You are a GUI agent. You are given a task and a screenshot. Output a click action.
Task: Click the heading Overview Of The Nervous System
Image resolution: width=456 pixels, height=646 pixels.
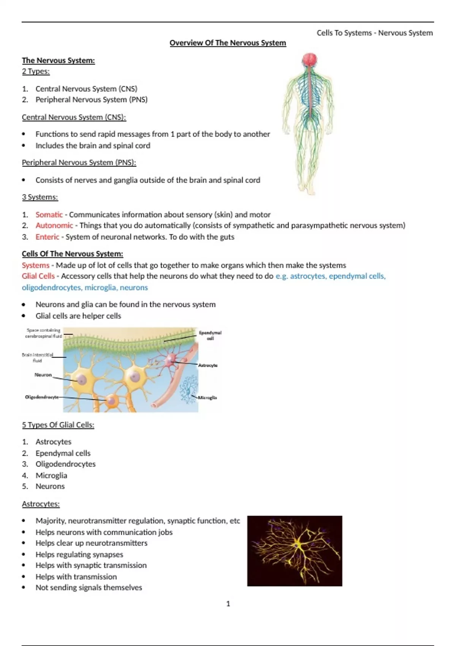pos(228,43)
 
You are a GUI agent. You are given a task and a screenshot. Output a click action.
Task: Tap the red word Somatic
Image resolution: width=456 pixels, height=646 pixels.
pos(49,214)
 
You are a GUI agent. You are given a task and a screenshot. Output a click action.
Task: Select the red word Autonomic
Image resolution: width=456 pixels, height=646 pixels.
pos(54,225)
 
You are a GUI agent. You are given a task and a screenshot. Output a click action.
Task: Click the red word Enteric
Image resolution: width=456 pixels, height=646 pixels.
pos(47,237)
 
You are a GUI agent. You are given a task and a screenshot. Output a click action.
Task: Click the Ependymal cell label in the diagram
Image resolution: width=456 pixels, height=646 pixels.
pos(210,335)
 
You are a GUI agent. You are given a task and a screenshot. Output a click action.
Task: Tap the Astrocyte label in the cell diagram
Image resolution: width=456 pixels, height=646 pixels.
pos(208,365)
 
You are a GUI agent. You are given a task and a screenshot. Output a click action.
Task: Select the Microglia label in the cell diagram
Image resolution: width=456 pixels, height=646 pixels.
pos(207,397)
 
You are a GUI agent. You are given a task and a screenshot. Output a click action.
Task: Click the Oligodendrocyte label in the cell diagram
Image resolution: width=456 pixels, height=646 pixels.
pos(42,397)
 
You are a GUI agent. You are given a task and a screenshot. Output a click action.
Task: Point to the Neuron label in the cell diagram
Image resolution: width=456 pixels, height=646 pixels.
pos(43,375)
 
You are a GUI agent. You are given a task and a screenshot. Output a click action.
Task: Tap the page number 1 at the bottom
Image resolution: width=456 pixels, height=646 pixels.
pos(228,603)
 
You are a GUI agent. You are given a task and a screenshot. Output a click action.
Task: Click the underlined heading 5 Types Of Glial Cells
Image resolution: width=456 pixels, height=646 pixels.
pos(58,425)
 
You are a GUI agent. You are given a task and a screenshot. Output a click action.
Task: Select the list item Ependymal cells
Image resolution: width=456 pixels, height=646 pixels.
pos(63,453)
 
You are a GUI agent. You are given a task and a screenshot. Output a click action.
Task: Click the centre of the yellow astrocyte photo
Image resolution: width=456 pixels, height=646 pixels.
pos(295,551)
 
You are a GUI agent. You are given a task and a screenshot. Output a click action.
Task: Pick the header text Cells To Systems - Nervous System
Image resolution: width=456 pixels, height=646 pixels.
pos(375,33)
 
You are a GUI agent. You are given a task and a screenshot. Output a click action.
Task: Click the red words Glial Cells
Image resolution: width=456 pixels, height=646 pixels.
pos(38,276)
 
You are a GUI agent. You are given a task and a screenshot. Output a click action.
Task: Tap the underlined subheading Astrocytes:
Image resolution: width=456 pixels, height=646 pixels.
pos(41,504)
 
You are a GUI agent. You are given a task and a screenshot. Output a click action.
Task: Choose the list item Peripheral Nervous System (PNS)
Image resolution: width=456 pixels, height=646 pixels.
pos(92,100)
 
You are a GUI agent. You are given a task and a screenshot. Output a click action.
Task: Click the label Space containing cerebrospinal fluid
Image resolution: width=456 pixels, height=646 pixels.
pos(43,333)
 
